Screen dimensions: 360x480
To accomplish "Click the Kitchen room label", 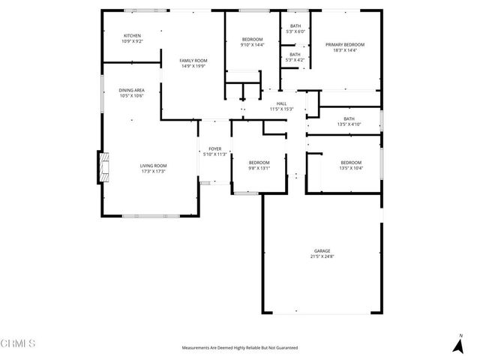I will tap(132, 35).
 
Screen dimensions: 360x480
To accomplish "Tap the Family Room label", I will tap(193, 60).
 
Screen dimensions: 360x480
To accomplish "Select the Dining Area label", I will tap(131, 90).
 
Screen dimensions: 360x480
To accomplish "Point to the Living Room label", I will tap(153, 165).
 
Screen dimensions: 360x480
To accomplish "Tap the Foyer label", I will tap(214, 149).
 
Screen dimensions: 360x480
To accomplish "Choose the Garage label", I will tap(322, 251).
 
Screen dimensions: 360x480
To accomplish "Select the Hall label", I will tap(281, 103).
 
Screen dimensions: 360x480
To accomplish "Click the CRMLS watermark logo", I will tap(19, 343).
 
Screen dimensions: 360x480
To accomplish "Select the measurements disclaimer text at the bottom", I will tap(240, 348).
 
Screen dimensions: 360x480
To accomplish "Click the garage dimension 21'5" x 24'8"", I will tap(322, 256).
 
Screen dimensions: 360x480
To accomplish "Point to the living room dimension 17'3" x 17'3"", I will tap(153, 171).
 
